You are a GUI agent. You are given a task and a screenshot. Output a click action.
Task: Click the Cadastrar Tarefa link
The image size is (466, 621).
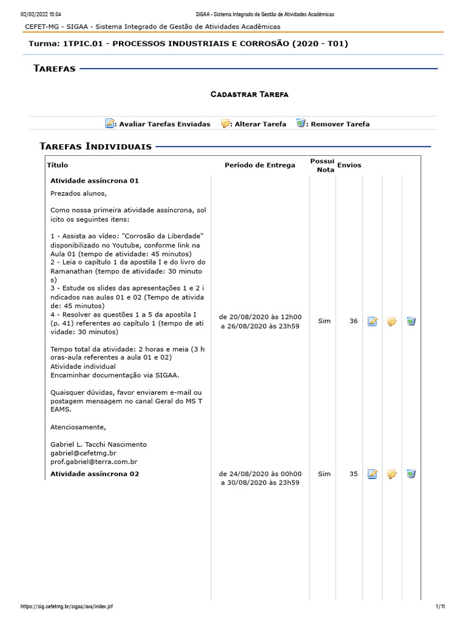pyautogui.click(x=249, y=95)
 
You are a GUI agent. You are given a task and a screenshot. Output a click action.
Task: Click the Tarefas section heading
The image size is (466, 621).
pyautogui.click(x=55, y=69)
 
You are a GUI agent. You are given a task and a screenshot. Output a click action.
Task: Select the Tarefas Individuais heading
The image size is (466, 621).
pyautogui.click(x=95, y=146)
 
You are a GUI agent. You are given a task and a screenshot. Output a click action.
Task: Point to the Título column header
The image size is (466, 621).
pyautogui.click(x=58, y=165)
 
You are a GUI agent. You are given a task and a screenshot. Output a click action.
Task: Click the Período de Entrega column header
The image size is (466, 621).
pyautogui.click(x=260, y=165)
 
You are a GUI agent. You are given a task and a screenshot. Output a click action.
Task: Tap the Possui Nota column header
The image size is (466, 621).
pyautogui.click(x=322, y=165)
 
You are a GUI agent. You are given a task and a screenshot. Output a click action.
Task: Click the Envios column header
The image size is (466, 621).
pyautogui.click(x=349, y=165)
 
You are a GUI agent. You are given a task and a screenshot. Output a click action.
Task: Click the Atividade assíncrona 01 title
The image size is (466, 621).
pyautogui.click(x=95, y=181)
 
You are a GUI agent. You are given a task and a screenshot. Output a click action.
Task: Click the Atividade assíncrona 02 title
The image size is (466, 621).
pyautogui.click(x=95, y=474)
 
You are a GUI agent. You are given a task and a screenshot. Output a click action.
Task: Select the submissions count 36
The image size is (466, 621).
pyautogui.click(x=353, y=321)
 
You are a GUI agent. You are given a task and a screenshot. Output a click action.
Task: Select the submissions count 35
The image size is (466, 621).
pyautogui.click(x=353, y=474)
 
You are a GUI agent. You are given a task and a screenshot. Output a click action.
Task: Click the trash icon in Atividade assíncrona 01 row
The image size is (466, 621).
pyautogui.click(x=411, y=321)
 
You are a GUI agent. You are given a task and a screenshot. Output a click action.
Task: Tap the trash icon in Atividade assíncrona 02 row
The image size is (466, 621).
pyautogui.click(x=411, y=474)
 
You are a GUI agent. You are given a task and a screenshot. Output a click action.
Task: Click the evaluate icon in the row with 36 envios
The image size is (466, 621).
pyautogui.click(x=373, y=321)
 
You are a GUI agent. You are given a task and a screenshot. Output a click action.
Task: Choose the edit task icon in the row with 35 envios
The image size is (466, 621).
pyautogui.click(x=392, y=474)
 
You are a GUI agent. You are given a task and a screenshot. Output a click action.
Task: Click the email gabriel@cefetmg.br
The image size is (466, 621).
pyautogui.click(x=83, y=453)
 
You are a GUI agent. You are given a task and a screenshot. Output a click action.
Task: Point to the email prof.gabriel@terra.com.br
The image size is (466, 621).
pyautogui.click(x=94, y=462)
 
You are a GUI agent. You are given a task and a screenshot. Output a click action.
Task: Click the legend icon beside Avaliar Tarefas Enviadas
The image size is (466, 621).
pyautogui.click(x=110, y=124)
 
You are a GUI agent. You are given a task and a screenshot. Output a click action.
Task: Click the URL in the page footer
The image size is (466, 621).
pyautogui.click(x=66, y=606)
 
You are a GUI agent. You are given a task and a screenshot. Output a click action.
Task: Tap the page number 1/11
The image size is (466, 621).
pyautogui.click(x=440, y=606)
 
